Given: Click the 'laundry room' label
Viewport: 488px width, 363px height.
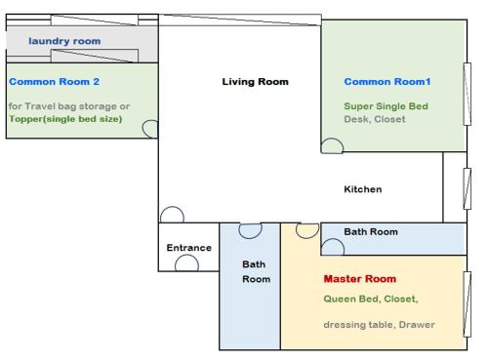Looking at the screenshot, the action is click(x=64, y=41).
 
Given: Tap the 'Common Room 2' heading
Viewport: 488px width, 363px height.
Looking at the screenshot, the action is click(x=54, y=82).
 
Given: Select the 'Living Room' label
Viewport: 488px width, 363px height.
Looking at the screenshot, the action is click(x=255, y=82).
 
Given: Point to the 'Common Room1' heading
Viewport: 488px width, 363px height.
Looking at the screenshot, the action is click(x=387, y=82).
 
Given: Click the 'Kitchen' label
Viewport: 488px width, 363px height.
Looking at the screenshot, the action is click(x=363, y=189).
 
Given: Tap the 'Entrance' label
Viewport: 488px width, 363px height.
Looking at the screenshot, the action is click(x=188, y=248).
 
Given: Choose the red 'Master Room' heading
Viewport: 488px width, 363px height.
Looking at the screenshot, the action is click(x=360, y=279).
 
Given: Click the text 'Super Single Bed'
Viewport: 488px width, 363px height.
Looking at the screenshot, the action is click(x=386, y=106).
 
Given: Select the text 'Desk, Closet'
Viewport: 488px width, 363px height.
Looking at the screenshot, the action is click(x=375, y=119).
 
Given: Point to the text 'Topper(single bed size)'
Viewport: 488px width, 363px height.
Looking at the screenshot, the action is click(x=65, y=119).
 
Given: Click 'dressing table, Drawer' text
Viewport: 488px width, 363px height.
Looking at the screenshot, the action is click(x=379, y=325).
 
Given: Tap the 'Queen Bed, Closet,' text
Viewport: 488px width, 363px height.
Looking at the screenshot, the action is click(x=371, y=299).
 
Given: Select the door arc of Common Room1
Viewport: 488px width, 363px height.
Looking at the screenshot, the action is click(x=332, y=139).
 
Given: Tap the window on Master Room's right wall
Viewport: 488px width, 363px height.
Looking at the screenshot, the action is click(x=468, y=304).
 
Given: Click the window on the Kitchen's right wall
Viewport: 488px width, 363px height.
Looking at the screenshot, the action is click(x=468, y=188).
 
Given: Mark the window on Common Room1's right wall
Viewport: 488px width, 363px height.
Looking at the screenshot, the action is click(x=468, y=94).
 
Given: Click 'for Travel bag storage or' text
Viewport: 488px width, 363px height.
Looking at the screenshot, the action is click(x=69, y=106).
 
